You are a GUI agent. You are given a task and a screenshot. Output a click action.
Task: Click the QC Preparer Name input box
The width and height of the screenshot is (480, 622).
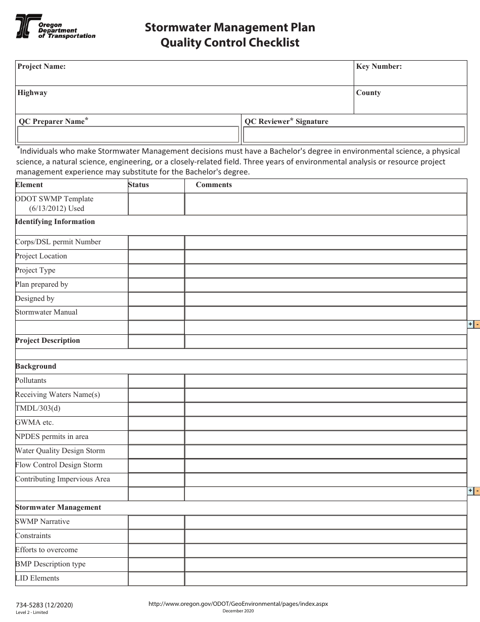click(x=128, y=135)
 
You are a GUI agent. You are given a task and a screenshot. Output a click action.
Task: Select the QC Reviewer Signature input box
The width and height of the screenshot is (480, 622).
click(x=354, y=135)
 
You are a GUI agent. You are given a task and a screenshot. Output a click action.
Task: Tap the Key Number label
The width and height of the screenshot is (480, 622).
click(x=379, y=66)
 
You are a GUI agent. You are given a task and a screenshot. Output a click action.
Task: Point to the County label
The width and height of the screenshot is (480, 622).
click(x=368, y=93)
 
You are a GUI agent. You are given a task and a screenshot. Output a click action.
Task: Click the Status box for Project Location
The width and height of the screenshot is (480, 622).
click(x=156, y=256)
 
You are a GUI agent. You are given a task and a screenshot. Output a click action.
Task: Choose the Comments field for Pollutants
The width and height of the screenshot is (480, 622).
click(x=325, y=381)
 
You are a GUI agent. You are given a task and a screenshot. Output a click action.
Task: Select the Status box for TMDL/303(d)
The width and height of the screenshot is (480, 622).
click(x=156, y=409)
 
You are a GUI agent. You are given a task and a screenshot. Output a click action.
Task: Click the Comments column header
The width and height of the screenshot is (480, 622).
click(x=214, y=185)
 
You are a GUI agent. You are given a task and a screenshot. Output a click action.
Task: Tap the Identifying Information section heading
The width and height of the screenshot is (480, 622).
click(x=55, y=222)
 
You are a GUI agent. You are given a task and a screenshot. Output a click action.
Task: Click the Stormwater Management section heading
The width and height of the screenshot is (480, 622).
click(x=58, y=508)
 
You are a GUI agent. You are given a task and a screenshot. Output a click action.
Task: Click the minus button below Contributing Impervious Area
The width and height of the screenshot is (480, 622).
click(x=477, y=491)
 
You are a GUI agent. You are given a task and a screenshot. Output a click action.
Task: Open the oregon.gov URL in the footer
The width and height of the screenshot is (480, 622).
click(x=238, y=604)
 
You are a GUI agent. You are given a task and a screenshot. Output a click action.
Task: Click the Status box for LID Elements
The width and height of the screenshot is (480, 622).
click(x=156, y=579)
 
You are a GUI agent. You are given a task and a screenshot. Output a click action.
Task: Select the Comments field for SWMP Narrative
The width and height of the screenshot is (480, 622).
click(x=325, y=522)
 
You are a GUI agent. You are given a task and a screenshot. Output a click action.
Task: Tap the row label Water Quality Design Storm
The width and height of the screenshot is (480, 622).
click(x=60, y=451)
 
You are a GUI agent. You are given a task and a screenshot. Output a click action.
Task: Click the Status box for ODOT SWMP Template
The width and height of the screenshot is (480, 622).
click(x=156, y=204)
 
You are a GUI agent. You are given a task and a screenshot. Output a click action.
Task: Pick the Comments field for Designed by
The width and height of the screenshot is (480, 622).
click(x=325, y=299)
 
